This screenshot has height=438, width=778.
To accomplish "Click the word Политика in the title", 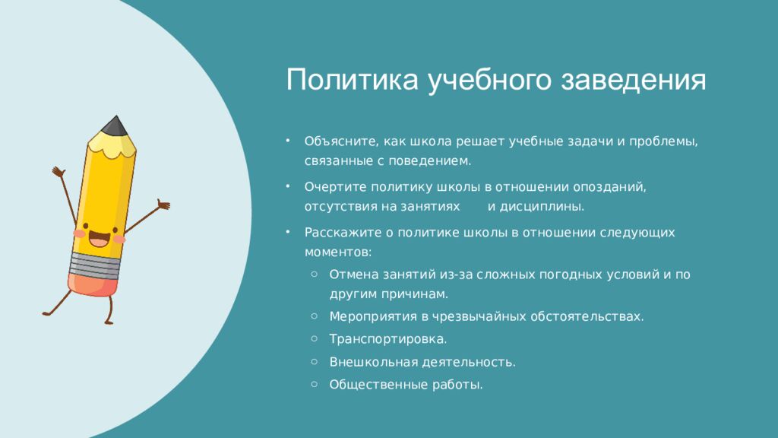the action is (x=353, y=79).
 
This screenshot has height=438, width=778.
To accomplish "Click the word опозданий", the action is (x=610, y=187).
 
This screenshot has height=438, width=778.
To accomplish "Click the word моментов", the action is (x=338, y=252).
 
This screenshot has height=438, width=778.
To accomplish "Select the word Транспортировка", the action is (x=388, y=339).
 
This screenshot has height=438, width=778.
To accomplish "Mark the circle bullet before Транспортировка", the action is (x=314, y=338).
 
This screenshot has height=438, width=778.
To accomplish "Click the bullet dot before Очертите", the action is (x=287, y=187).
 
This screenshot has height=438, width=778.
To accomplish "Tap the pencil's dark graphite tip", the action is (x=115, y=125).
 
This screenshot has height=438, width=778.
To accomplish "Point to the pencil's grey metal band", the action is (x=95, y=265).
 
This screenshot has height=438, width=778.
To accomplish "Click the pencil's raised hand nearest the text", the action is (x=163, y=204).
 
